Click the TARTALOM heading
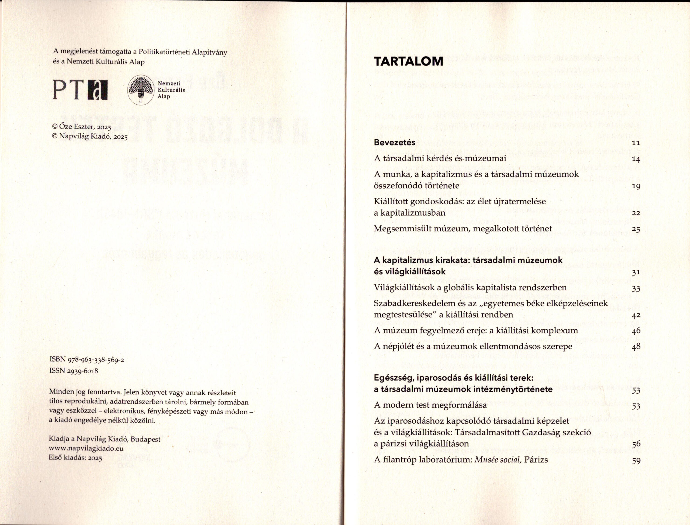408,61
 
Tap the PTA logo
80,90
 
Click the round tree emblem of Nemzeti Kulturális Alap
141,90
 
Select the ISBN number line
87,360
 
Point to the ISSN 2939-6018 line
74,371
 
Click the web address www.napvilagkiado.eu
86,448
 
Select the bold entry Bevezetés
395,143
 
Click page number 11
636,143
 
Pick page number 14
636,159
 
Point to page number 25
636,229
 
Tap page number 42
636,315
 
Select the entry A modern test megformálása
430,405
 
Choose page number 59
636,460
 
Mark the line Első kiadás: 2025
76,458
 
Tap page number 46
636,331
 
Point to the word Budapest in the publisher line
145,439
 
